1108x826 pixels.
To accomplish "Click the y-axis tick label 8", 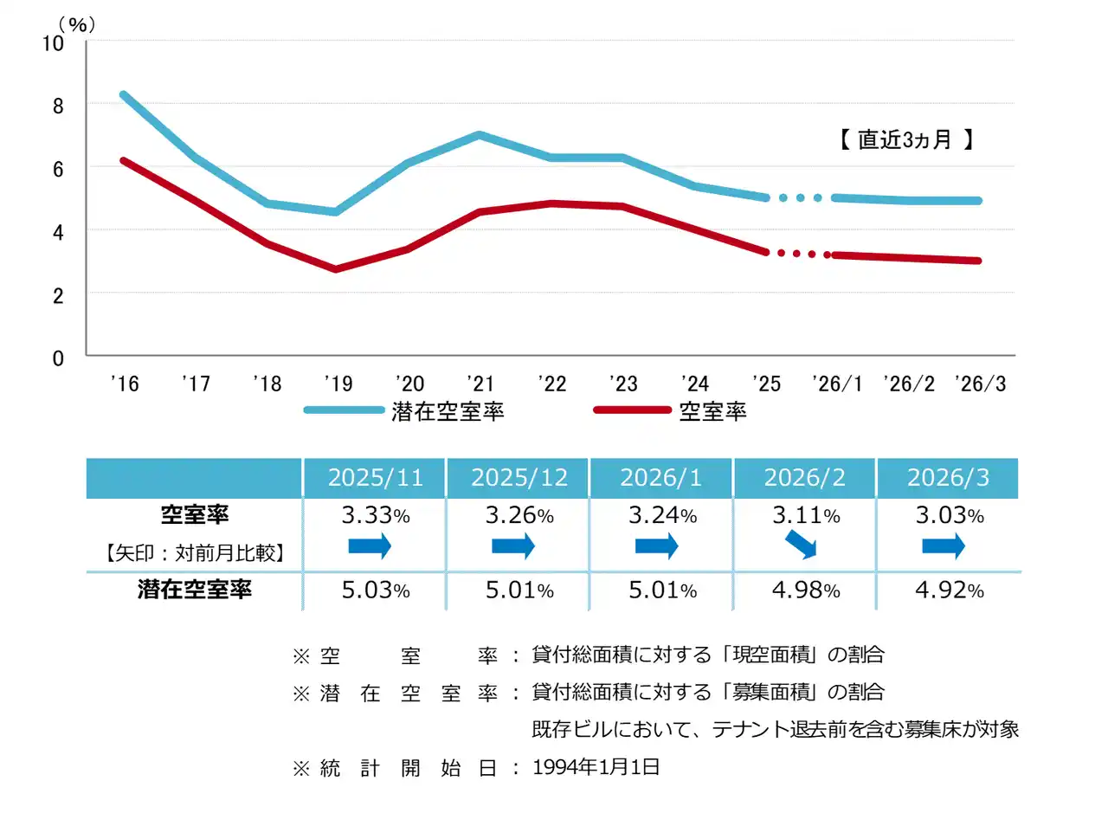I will click(58, 106).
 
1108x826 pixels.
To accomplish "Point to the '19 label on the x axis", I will click(338, 384).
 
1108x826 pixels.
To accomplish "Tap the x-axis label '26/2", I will click(909, 384).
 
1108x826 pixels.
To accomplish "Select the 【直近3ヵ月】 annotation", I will click(905, 139).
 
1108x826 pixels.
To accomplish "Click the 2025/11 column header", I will click(375, 478).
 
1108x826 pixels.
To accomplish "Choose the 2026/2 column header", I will click(804, 478).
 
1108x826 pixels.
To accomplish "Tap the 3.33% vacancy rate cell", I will click(375, 515).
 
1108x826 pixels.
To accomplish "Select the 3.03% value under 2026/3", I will click(950, 515).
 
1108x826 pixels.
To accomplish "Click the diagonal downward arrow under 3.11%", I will click(801, 545).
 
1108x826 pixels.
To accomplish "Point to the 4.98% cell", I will click(806, 590).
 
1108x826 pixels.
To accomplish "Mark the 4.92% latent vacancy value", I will click(950, 590).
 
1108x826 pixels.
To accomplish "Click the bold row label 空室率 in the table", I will click(195, 514).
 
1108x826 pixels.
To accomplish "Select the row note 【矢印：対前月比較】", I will click(195, 552).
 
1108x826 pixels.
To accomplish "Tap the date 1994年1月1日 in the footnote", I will click(596, 767).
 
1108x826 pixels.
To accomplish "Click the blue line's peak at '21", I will click(480, 135).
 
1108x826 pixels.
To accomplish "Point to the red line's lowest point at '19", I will click(337, 269).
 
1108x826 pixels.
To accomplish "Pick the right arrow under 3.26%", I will click(513, 545).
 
